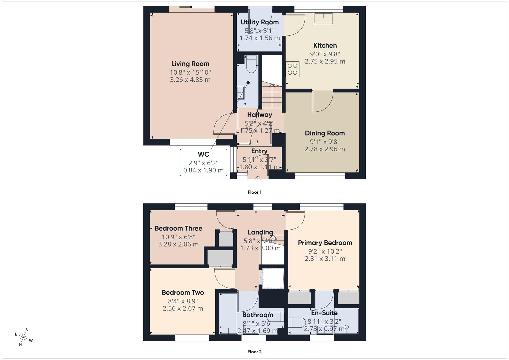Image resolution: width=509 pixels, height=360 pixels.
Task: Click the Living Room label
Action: (x=190, y=64)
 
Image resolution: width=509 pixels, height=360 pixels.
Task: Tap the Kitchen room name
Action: (x=325, y=45)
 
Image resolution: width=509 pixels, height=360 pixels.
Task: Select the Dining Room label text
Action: (x=325, y=133)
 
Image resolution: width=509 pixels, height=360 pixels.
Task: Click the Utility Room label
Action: (x=259, y=22)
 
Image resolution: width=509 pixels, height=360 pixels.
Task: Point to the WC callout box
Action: (x=203, y=162)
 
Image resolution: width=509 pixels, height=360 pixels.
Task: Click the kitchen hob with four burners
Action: (x=292, y=70)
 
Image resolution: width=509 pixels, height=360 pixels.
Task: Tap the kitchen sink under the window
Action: (x=323, y=18)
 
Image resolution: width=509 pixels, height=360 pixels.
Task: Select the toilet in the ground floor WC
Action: (x=251, y=64)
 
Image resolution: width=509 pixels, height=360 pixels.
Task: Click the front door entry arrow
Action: (x=258, y=179)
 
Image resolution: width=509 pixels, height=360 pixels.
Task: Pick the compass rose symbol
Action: (x=24, y=337)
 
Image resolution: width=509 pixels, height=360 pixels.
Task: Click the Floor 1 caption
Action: (x=254, y=192)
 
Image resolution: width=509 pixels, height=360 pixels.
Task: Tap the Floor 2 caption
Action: (x=254, y=352)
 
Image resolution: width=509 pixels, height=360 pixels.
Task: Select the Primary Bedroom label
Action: (x=325, y=243)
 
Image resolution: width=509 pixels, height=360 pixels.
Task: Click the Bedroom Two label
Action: (x=183, y=292)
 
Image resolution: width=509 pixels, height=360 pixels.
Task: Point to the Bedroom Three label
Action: (x=178, y=228)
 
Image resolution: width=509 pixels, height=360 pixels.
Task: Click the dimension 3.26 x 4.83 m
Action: (x=190, y=80)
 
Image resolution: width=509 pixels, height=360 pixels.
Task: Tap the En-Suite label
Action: (x=324, y=313)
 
